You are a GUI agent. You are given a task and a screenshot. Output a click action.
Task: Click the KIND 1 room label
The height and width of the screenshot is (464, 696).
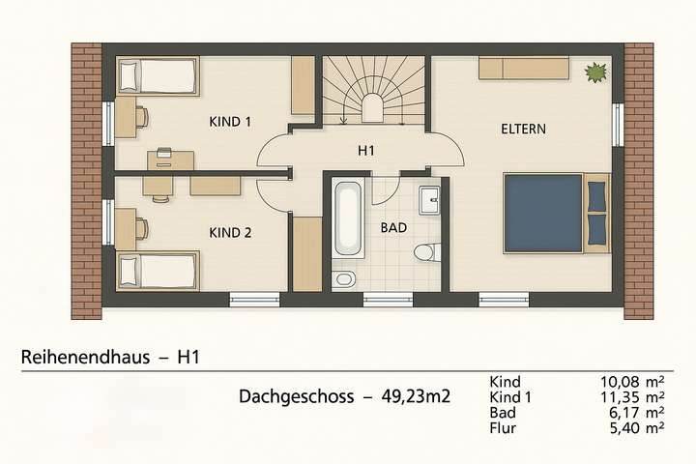pos(230,122)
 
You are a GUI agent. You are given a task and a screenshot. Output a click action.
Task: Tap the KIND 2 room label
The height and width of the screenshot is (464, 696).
pos(230,233)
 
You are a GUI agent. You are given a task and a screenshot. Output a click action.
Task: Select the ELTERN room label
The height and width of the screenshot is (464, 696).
pos(524,129)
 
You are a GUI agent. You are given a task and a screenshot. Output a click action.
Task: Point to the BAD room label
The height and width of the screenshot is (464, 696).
pos(393,228)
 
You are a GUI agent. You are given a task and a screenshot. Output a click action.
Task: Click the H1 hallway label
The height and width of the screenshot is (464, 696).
pos(365,151)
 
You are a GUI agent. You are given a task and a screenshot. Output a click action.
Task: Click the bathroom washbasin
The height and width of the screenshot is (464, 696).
pos(430,201)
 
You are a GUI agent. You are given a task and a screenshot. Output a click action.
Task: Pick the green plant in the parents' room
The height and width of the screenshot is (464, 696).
pos(595,71)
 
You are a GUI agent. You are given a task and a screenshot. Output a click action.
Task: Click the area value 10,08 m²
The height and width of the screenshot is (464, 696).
pos(631,381)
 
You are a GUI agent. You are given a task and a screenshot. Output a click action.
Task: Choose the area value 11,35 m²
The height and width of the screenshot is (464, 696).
pos(631,396)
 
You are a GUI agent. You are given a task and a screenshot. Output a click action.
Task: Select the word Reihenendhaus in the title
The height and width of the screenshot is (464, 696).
pos(85,358)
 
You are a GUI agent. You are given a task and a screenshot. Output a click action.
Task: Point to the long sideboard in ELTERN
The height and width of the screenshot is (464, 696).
pos(523,68)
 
